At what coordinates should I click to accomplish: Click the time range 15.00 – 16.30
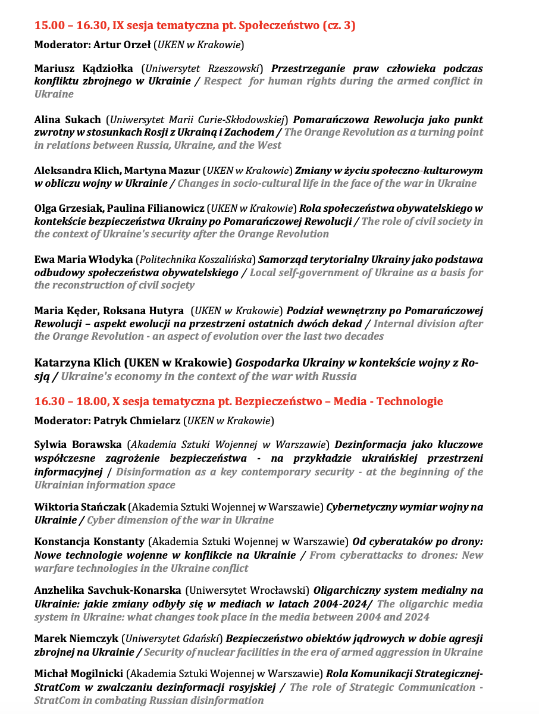pyautogui.click(x=70, y=26)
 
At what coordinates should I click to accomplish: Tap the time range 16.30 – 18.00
pyautogui.click(x=70, y=402)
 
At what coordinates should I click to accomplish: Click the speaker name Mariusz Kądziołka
pyautogui.click(x=83, y=68)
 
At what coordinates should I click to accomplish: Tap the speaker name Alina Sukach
pyautogui.click(x=68, y=119)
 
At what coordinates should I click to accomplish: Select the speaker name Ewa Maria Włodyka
pyautogui.click(x=83, y=260)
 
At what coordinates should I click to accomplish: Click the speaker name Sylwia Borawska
pyautogui.click(x=78, y=445)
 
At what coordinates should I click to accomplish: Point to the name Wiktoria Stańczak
pyautogui.click(x=80, y=508)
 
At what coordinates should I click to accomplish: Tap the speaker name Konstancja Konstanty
pyautogui.click(x=89, y=542)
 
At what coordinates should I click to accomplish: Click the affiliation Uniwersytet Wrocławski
pyautogui.click(x=247, y=591)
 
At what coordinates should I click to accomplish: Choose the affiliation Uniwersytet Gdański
pyautogui.click(x=171, y=639)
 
